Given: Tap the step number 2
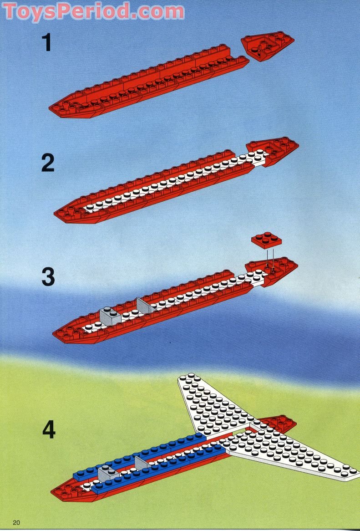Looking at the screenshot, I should pyautogui.click(x=48, y=163).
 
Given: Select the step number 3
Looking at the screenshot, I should pyautogui.click(x=48, y=276).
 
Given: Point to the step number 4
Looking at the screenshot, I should pyautogui.click(x=49, y=429).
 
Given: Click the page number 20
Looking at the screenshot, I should pyautogui.click(x=18, y=522).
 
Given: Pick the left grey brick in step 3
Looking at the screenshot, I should pyautogui.click(x=109, y=315).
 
